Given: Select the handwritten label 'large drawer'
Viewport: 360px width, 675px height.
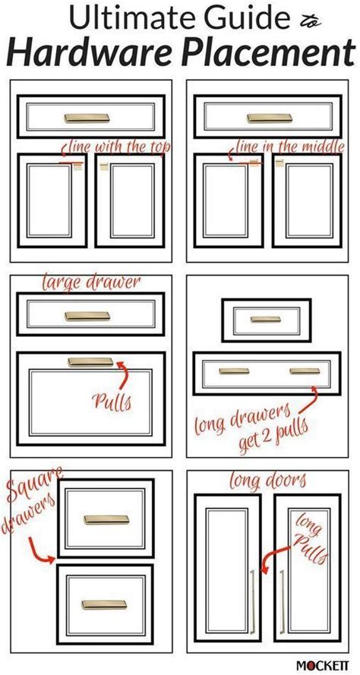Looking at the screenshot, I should point(84,284).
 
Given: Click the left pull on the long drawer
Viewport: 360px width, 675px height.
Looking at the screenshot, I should point(232,371).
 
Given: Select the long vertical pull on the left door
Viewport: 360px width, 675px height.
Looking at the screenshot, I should point(252,596).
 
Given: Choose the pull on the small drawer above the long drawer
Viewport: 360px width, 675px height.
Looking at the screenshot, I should point(265,319).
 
